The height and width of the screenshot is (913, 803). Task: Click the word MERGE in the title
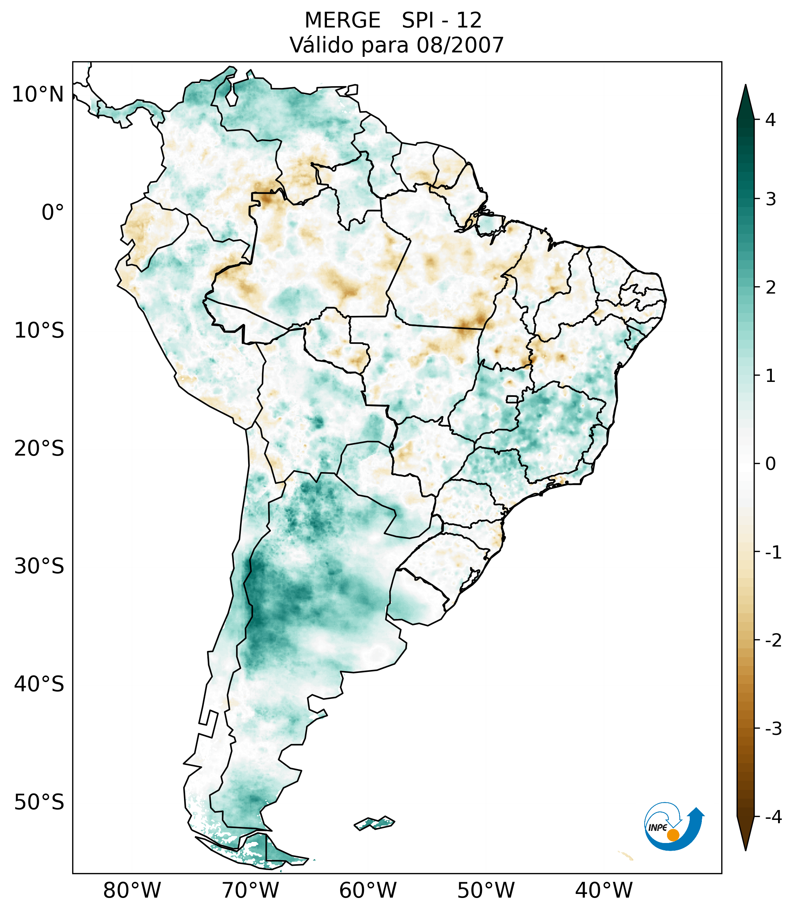click(x=343, y=21)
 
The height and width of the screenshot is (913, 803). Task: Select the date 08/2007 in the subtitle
click(x=460, y=45)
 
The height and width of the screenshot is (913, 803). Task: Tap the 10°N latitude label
click(x=37, y=95)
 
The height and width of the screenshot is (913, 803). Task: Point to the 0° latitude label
click(x=53, y=213)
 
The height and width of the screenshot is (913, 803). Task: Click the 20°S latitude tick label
click(x=39, y=449)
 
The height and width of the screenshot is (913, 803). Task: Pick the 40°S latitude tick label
click(x=39, y=684)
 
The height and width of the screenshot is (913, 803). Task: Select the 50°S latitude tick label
click(x=39, y=803)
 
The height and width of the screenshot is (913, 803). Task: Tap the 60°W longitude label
click(x=368, y=891)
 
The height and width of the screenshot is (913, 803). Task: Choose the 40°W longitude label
click(x=604, y=891)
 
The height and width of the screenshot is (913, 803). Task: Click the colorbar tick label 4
click(x=770, y=120)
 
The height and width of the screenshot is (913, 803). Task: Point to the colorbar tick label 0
click(x=770, y=464)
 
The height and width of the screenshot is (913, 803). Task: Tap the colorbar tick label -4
click(x=773, y=817)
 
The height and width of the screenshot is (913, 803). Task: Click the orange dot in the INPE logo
click(x=673, y=835)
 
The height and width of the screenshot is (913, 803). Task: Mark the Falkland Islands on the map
click(x=374, y=822)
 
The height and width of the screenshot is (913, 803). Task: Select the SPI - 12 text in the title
click(x=442, y=21)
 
